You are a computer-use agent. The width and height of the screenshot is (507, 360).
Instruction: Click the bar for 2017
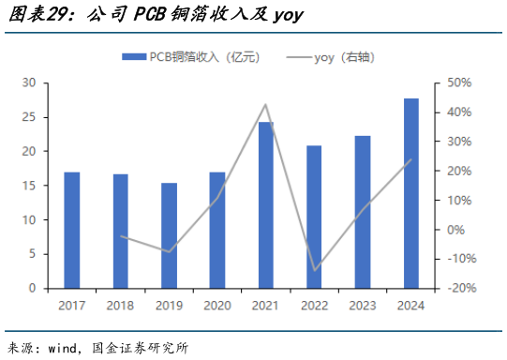(72, 230)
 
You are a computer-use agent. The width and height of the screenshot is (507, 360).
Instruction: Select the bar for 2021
(266, 205)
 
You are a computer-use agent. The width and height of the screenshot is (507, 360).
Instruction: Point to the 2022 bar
(315, 217)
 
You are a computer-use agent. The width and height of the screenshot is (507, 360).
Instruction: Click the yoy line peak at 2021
(266, 104)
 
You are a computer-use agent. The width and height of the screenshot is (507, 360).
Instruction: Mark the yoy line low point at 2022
(315, 270)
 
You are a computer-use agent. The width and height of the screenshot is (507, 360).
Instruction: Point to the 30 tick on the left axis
(29, 82)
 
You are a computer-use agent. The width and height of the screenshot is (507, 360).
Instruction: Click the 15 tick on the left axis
(29, 186)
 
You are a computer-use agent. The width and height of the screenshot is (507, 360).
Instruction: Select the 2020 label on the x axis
(217, 306)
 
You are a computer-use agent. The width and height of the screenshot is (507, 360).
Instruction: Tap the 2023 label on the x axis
(363, 306)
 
